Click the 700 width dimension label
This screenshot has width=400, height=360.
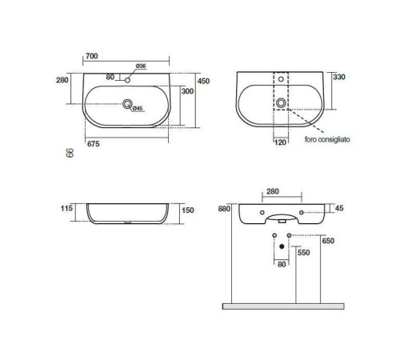coord(92,56)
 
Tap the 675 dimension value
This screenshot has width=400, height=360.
coord(94,144)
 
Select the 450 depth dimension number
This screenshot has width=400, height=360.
coord(203,81)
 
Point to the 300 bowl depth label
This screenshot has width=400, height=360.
coord(187,91)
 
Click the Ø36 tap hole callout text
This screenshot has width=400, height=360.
coord(141,66)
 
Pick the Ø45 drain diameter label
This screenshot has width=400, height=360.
coord(138,108)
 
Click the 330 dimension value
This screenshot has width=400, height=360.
coord(339,77)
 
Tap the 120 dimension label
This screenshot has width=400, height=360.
coord(280,142)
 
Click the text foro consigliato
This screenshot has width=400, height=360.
coord(327,139)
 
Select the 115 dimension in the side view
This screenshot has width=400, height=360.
coord(66,208)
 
